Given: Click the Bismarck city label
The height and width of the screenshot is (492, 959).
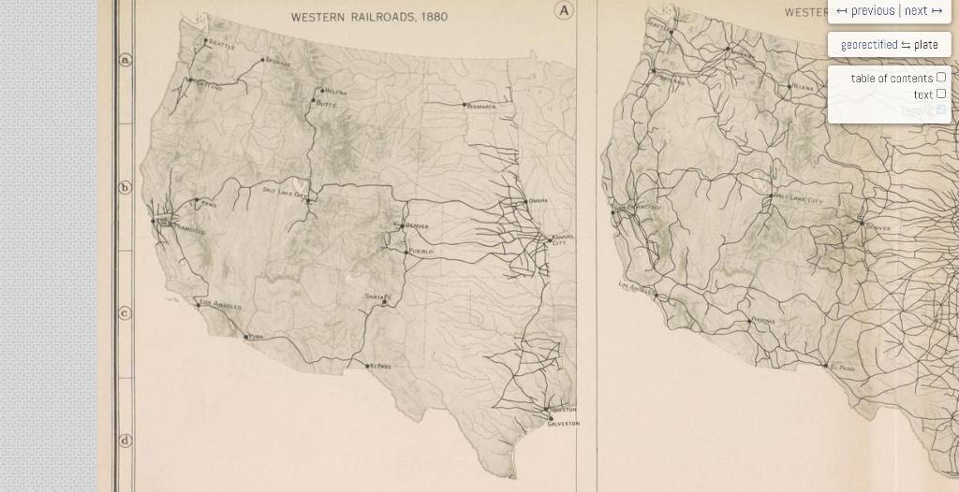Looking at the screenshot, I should (482, 108).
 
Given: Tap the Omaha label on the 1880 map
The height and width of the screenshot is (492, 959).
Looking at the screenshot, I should (539, 201).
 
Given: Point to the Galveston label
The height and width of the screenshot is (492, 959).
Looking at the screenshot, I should (564, 424).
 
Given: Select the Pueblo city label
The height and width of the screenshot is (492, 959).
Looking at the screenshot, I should (420, 252).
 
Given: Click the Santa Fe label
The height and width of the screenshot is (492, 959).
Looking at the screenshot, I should (378, 297).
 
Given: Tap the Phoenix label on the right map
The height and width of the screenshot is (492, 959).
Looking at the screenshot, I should (763, 320).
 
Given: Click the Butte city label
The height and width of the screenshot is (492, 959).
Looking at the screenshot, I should (326, 104).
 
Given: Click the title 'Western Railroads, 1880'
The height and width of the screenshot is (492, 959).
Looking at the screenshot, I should (369, 17).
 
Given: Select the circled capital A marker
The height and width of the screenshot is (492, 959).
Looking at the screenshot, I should (564, 10).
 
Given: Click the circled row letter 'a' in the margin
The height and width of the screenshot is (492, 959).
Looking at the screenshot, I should (125, 60).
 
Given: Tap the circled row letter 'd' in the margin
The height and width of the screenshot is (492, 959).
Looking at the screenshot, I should (125, 440).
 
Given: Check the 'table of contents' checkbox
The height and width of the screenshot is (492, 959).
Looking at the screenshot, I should (941, 78).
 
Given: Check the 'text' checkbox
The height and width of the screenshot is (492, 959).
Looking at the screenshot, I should (941, 94).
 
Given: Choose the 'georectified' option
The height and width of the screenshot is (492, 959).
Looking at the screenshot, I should (868, 45).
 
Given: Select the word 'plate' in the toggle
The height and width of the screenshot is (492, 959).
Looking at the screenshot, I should (926, 45).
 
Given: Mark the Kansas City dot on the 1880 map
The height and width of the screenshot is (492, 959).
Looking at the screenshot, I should (550, 239).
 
